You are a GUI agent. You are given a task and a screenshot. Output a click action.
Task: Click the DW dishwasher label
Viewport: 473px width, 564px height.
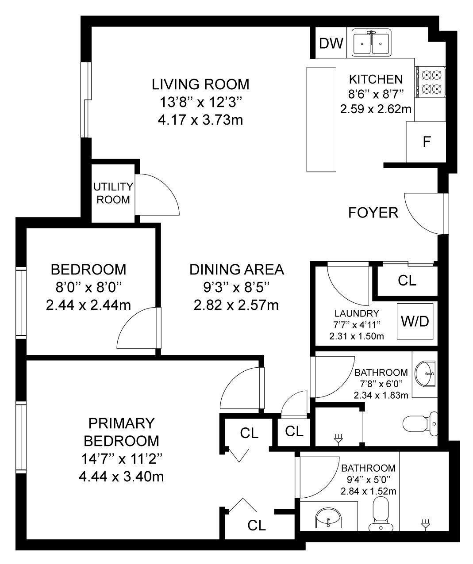pyautogui.click(x=331, y=43)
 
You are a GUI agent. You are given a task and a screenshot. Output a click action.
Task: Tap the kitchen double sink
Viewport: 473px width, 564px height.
pyautogui.click(x=372, y=43)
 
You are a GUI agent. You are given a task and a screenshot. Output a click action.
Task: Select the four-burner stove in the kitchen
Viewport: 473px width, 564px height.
pyautogui.click(x=431, y=82)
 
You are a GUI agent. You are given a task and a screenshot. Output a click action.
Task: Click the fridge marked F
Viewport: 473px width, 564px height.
pyautogui.click(x=426, y=142)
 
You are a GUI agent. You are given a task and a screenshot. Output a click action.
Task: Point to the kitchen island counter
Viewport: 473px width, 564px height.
pyautogui.click(x=321, y=119)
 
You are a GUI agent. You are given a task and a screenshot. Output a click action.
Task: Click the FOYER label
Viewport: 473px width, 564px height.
pyautogui.click(x=373, y=213)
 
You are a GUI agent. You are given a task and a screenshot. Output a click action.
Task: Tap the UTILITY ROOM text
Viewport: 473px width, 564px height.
pyautogui.click(x=113, y=193)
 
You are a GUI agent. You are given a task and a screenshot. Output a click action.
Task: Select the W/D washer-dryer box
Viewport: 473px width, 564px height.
pyautogui.click(x=415, y=321)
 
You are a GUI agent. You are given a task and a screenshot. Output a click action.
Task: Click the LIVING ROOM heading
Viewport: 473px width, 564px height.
pyautogui.click(x=200, y=84)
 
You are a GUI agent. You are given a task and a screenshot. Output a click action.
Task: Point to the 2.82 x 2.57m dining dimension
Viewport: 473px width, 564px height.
pyautogui.click(x=236, y=305)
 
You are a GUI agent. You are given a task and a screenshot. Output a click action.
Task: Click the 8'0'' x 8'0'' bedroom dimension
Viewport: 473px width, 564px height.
pyautogui.click(x=88, y=288)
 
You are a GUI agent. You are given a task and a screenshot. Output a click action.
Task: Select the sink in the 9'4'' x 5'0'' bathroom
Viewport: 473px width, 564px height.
pyautogui.click(x=329, y=518)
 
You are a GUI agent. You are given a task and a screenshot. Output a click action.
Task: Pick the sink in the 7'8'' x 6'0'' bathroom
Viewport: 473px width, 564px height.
pyautogui.click(x=425, y=374)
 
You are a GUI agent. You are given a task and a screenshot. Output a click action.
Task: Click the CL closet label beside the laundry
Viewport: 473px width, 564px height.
pyautogui.click(x=407, y=281)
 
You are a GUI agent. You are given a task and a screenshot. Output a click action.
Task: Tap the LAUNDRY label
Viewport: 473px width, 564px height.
pyautogui.click(x=357, y=313)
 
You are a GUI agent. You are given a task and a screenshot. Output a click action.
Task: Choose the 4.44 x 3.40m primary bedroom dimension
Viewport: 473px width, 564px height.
pyautogui.click(x=121, y=477)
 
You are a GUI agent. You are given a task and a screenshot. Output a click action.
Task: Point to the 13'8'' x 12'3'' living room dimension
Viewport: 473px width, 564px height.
pyautogui.click(x=200, y=102)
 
